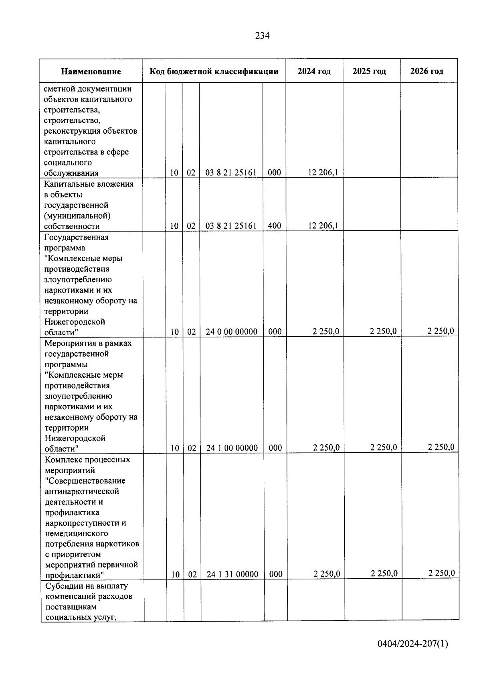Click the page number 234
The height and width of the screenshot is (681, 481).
263,36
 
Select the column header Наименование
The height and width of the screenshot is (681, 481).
91,72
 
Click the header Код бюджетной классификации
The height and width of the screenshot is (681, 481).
214,71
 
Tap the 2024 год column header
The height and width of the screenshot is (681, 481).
314,71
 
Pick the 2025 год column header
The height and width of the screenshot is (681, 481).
369,71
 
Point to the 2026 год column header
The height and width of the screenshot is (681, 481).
426,71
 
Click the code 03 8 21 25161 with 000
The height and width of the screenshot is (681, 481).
231,173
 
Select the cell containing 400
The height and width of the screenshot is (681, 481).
274,226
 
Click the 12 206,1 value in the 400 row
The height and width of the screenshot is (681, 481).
323,226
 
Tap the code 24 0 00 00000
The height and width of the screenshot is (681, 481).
232,331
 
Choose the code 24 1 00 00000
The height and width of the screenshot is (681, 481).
232,448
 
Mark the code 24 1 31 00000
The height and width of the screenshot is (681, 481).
232,574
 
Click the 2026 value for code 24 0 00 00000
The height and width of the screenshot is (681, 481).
441,331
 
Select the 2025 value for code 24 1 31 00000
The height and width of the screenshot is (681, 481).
384,573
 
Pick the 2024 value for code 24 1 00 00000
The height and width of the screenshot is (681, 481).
326,447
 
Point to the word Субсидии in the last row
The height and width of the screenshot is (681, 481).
63,585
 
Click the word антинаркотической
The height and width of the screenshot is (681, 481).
82,491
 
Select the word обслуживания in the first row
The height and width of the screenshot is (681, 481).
71,173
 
